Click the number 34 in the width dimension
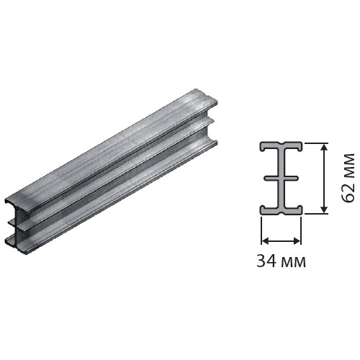point(266,261)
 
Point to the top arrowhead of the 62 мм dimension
point(324,148)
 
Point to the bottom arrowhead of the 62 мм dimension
point(324,208)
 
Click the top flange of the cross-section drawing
point(281,146)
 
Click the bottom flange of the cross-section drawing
point(281,210)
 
